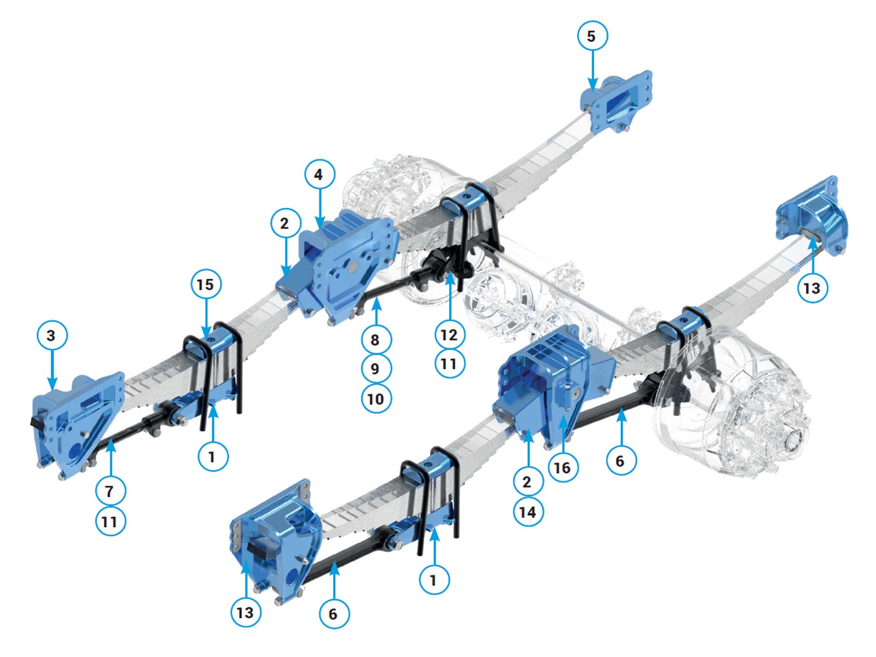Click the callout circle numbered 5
click(592, 36)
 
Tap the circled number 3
click(52, 335)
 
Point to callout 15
click(206, 284)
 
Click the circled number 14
click(528, 511)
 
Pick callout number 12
click(450, 335)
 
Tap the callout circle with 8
click(375, 339)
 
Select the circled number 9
click(375, 368)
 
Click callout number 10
click(375, 398)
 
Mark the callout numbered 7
click(110, 491)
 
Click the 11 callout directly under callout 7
click(110, 521)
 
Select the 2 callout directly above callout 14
click(528, 481)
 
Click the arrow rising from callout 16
click(564, 433)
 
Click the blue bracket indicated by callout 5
click(616, 102)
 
